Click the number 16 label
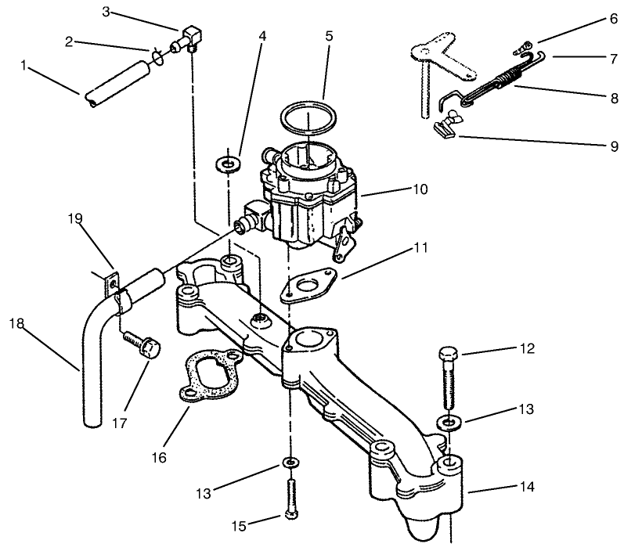pos(159,457)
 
